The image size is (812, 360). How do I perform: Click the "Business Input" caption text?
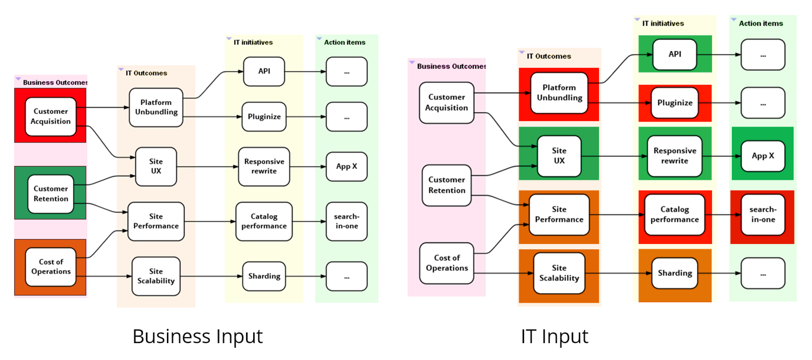[198, 337]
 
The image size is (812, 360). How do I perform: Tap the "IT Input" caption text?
[554, 337]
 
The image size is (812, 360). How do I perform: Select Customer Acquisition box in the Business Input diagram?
[51, 116]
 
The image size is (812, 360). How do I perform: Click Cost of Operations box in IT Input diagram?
[447, 263]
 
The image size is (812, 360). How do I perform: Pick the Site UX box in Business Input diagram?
[156, 166]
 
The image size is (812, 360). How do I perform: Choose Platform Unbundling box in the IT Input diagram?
[559, 93]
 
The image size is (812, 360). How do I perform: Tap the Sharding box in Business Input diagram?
[264, 276]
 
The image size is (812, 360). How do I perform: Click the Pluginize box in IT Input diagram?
[675, 103]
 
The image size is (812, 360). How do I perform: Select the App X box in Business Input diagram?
[347, 166]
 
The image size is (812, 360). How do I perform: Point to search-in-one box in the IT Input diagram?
[762, 214]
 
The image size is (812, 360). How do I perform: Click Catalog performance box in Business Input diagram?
[264, 221]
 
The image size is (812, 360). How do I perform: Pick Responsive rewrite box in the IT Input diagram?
[675, 156]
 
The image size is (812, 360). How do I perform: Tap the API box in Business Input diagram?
[264, 71]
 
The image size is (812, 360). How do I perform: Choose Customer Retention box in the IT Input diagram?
[447, 185]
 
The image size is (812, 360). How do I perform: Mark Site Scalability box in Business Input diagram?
[156, 276]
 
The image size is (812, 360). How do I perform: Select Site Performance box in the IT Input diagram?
[559, 214]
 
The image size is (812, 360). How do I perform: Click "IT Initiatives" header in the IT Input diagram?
[663, 23]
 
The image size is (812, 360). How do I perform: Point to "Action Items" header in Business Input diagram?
[345, 42]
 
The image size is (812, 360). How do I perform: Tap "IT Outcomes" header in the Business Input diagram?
[146, 73]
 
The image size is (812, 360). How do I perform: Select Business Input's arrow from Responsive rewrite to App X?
[308, 166]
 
